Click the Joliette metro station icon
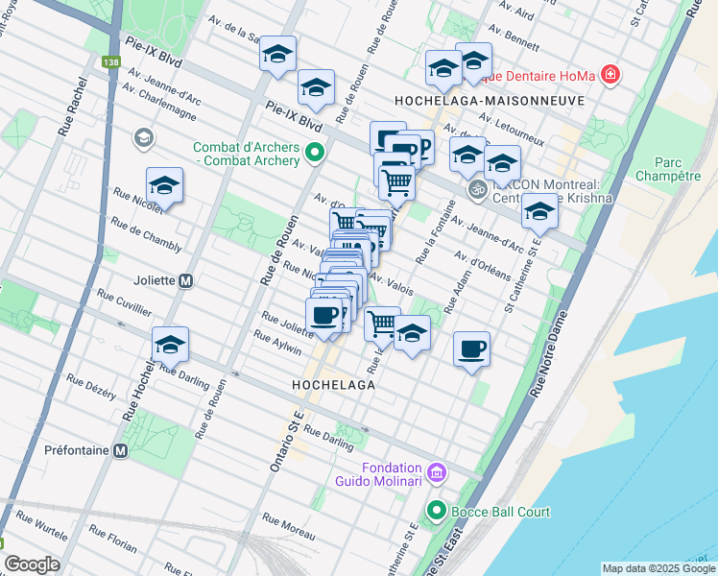tap(186, 281)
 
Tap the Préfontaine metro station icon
tap(121, 450)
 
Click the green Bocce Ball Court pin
tap(437, 512)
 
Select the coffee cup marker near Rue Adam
tap(470, 349)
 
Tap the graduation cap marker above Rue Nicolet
tap(164, 186)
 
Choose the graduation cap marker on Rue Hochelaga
tap(170, 345)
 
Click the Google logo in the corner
tap(32, 564)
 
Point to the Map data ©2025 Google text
tap(658, 568)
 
